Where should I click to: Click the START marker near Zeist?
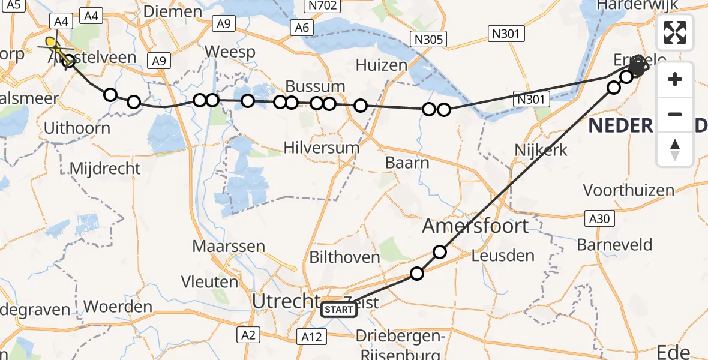click(x=339, y=310)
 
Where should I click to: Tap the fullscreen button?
click(x=675, y=32)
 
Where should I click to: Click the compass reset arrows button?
click(x=675, y=150)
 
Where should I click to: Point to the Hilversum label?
click(x=322, y=148)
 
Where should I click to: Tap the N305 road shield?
click(x=428, y=40)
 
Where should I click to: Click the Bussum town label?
click(x=315, y=86)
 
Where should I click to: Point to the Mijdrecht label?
click(x=106, y=169)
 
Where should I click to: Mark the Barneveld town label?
click(x=614, y=245)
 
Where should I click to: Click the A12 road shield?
click(x=311, y=337)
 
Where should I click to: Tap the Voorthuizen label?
click(x=629, y=191)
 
